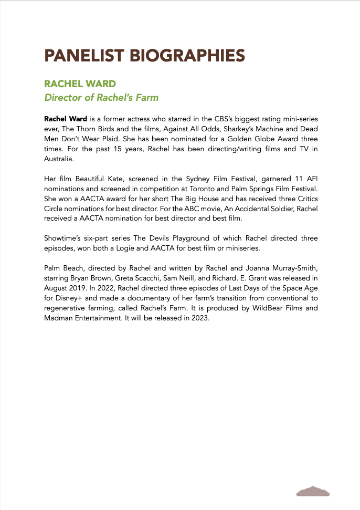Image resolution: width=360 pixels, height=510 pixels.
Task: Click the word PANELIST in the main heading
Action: (x=84, y=55)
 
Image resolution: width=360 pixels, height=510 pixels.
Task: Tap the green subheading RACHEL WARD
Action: (x=80, y=84)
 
